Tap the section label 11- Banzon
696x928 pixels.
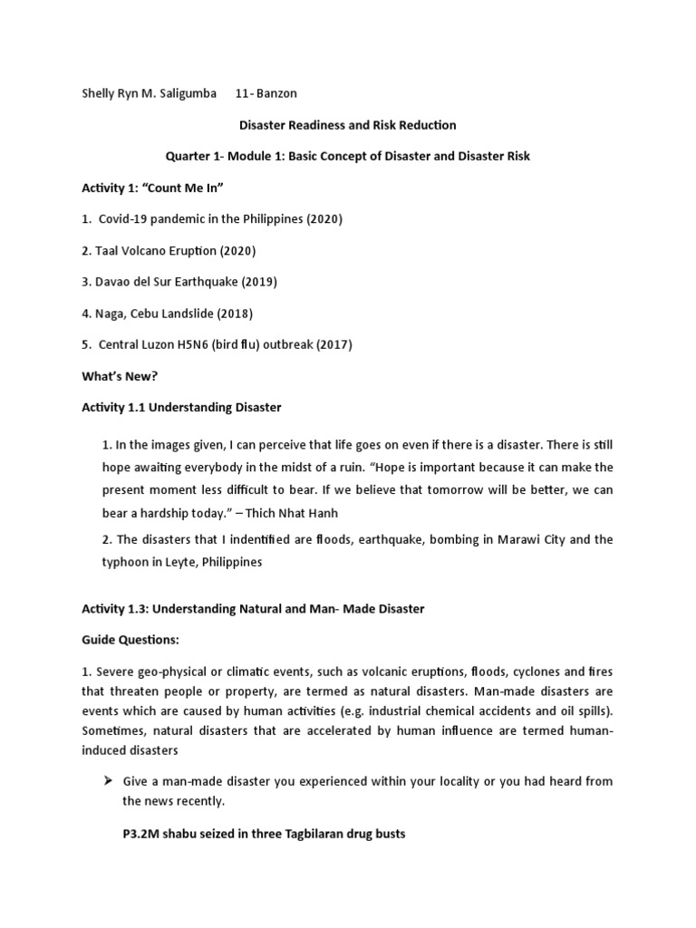click(x=266, y=93)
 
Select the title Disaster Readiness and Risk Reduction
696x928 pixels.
click(x=347, y=125)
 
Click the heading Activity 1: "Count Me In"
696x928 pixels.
click(x=152, y=188)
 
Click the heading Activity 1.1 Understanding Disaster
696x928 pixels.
click(x=181, y=408)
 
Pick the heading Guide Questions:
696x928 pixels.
click(x=130, y=640)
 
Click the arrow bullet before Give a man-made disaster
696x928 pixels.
click(x=106, y=781)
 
